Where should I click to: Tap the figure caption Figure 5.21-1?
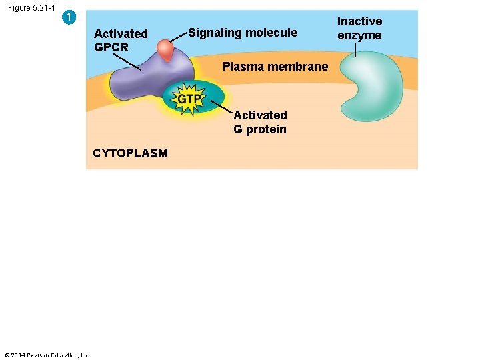(x=31, y=8)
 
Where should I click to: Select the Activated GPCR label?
(x=121, y=40)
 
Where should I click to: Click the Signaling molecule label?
(x=243, y=33)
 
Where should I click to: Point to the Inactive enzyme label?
(x=359, y=29)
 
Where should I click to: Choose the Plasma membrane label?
(x=275, y=67)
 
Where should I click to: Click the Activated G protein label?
(x=260, y=122)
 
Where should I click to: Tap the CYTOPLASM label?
(x=130, y=153)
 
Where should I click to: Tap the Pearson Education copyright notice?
(x=47, y=355)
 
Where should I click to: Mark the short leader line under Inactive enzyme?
(x=355, y=49)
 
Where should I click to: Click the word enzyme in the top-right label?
(x=359, y=36)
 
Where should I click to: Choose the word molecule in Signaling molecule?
(x=272, y=33)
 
